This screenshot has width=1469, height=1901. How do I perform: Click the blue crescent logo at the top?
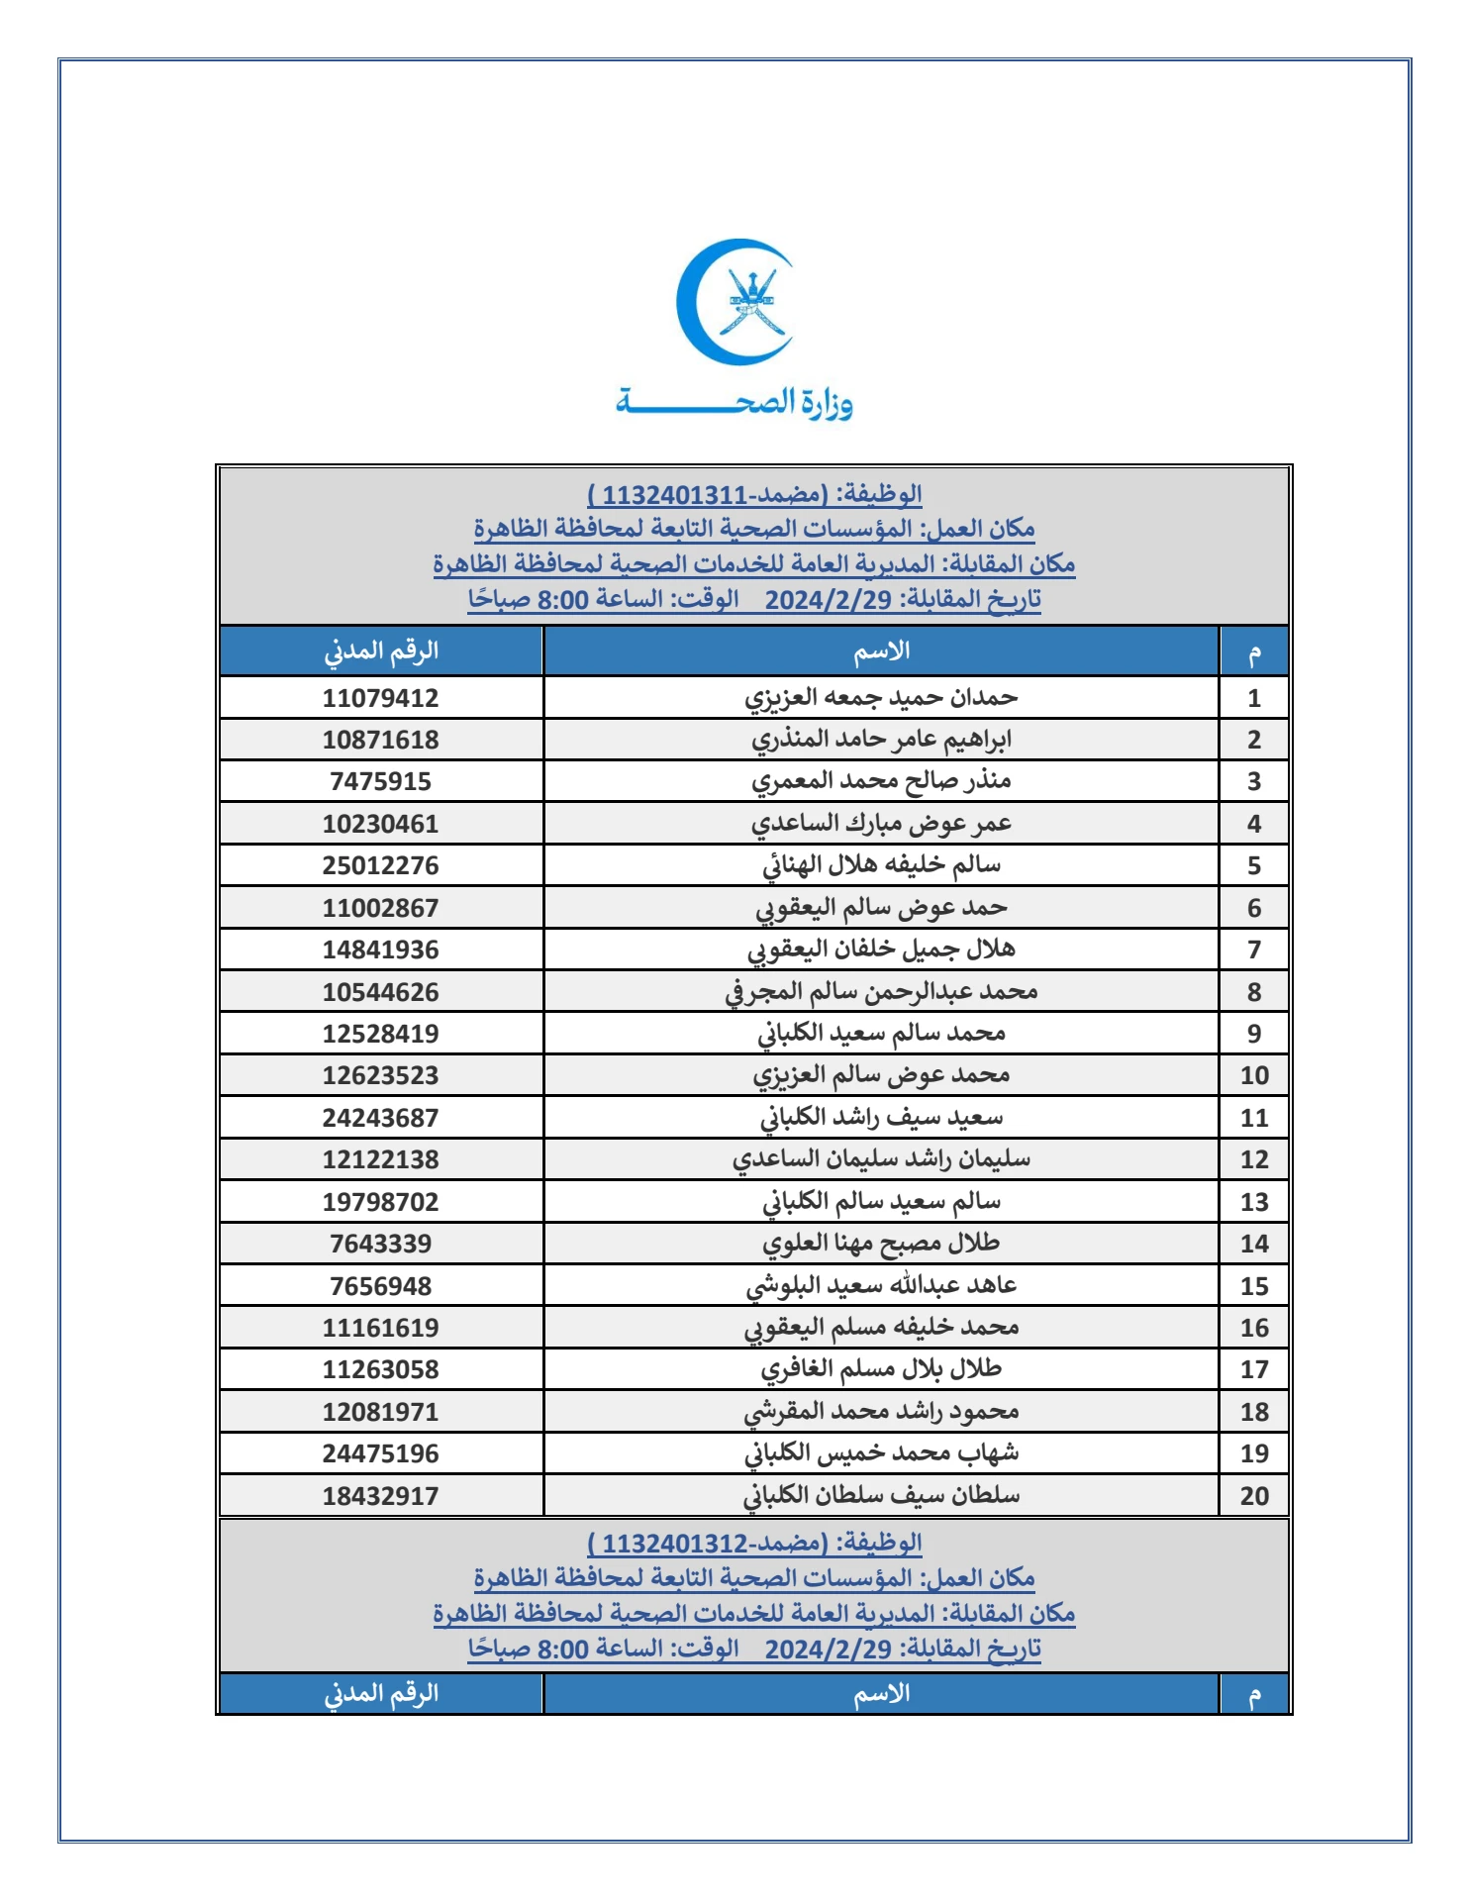[x=734, y=302]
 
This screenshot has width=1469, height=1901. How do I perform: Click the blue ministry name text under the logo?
[x=734, y=403]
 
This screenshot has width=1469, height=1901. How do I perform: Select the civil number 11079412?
[x=380, y=698]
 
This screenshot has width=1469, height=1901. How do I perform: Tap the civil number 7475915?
[x=380, y=782]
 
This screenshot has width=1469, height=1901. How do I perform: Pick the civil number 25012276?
[x=380, y=866]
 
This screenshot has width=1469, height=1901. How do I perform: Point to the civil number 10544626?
[x=380, y=992]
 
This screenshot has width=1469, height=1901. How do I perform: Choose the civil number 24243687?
[x=380, y=1118]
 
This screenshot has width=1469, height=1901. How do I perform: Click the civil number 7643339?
[x=380, y=1244]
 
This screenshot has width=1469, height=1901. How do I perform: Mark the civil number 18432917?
[x=380, y=1496]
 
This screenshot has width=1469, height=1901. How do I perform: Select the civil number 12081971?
[x=380, y=1412]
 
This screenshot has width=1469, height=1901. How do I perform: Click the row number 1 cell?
[x=1253, y=698]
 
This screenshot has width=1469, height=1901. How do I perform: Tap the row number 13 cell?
[x=1253, y=1202]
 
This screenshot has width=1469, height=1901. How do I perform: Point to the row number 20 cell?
[x=1253, y=1496]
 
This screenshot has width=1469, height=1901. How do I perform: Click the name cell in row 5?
[x=881, y=866]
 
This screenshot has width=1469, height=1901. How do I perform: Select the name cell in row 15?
[x=881, y=1286]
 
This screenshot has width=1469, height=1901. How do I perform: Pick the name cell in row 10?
[x=881, y=1075]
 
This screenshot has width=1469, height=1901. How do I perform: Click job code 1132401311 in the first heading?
[x=674, y=494]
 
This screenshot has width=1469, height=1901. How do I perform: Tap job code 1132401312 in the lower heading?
[x=674, y=1543]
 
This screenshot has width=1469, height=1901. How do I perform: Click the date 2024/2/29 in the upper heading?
[x=829, y=600]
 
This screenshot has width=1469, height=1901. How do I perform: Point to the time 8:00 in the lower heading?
[x=562, y=1649]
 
